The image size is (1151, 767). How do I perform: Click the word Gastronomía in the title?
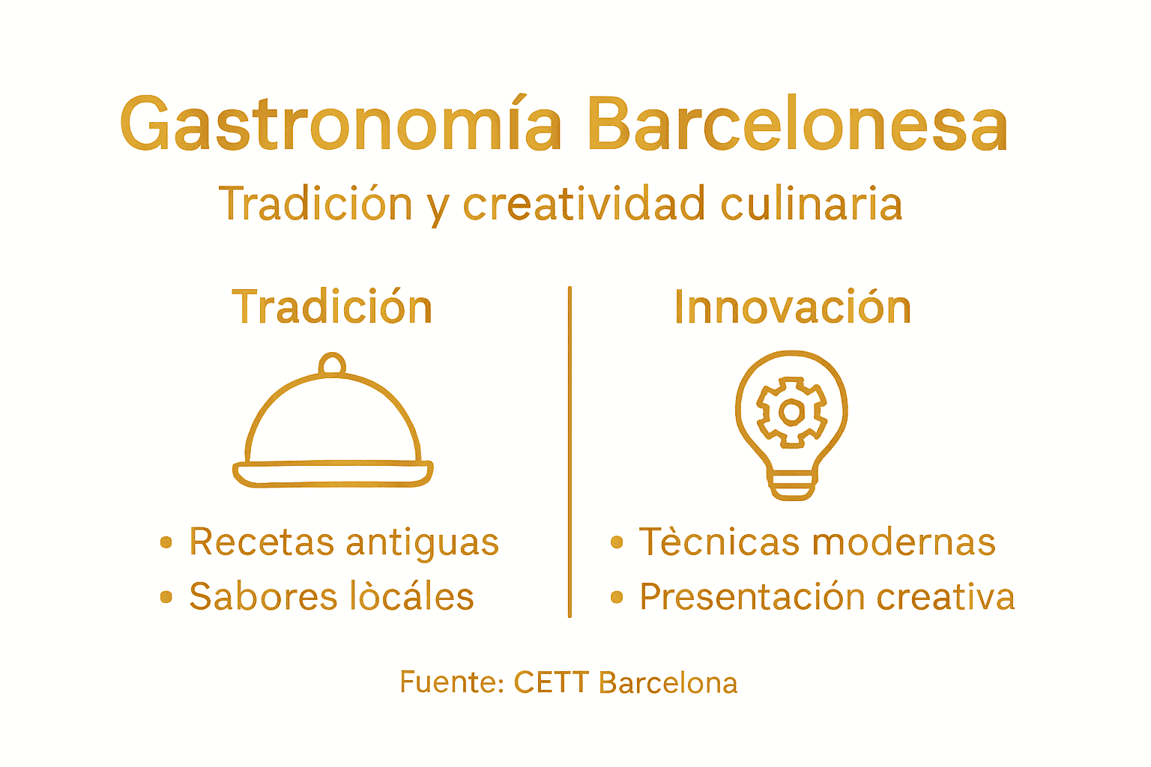coord(341,125)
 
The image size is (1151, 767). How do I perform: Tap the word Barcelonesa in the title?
coord(797,125)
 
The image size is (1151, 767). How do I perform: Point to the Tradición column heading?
coord(332,307)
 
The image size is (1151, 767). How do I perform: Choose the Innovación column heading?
coord(792,307)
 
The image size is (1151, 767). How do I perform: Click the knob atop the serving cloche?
coord(332,365)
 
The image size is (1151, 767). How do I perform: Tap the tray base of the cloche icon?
coord(333,474)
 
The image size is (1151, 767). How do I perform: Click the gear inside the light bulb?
coord(792,412)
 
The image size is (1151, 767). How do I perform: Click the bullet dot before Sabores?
coord(166,597)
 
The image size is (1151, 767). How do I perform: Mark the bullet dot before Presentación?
coord(617,597)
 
